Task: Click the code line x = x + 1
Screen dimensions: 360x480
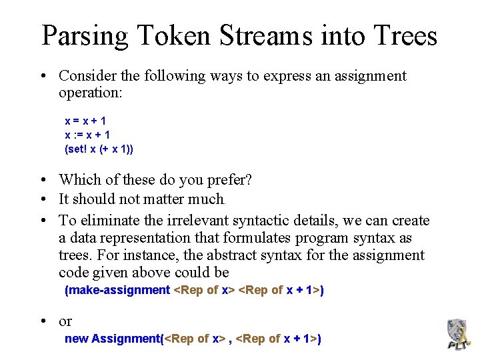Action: [85, 121]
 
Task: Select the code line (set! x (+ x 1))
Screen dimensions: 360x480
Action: [99, 149]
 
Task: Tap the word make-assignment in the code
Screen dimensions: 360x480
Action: [117, 290]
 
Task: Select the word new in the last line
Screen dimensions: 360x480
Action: [76, 339]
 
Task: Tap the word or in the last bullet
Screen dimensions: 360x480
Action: [65, 321]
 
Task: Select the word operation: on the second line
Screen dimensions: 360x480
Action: [90, 93]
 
